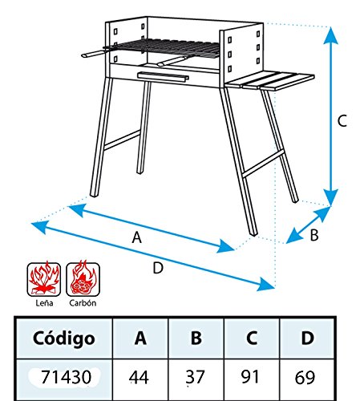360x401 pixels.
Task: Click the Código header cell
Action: coord(64,338)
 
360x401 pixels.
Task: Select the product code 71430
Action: coord(66,377)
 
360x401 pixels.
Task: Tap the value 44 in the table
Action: coord(139,378)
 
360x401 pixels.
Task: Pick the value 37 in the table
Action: coord(196,377)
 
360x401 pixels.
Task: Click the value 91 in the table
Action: coord(249,376)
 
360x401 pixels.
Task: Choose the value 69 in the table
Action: coord(305,378)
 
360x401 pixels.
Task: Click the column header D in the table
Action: coord(308,338)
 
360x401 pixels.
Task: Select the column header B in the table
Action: coord(196,338)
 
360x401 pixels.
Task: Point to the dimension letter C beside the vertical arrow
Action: coord(342,120)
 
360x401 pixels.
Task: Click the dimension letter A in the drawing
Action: coord(136,237)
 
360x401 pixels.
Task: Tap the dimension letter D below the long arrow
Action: coord(158,268)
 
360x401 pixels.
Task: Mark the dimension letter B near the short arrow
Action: coord(314,235)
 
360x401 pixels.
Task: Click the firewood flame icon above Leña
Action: coord(44,279)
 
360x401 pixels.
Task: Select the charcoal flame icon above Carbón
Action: coord(83,279)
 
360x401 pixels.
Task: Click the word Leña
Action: coord(44,303)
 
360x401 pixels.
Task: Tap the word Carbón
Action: coord(83,303)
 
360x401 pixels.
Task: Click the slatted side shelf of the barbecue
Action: coord(269,80)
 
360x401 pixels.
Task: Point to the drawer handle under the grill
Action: coord(163,76)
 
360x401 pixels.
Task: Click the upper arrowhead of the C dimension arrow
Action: coord(330,35)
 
